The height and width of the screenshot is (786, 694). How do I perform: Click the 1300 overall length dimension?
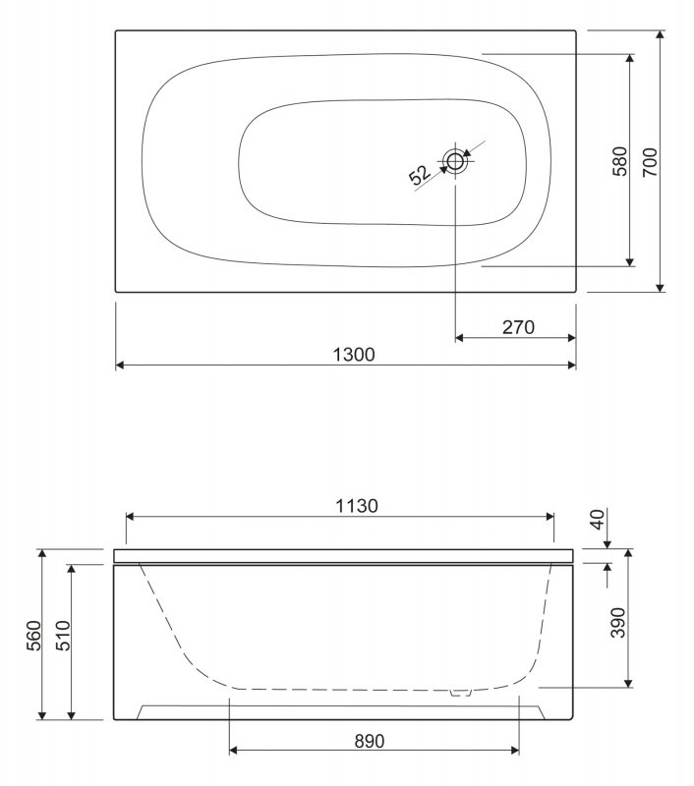[347, 354]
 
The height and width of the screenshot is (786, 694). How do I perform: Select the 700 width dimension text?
[650, 161]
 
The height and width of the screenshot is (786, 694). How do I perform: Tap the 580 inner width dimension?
[618, 161]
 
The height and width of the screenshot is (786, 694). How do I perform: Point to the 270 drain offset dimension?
[517, 327]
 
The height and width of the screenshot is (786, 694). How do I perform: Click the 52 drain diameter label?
[419, 176]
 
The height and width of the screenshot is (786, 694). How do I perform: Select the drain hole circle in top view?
[455, 161]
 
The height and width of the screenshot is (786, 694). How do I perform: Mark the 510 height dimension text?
[61, 641]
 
